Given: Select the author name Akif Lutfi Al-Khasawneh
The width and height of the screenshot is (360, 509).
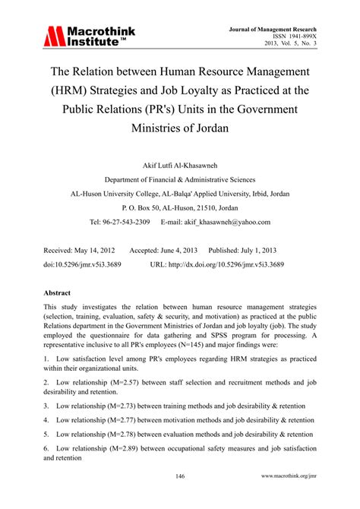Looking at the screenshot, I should click(179, 164).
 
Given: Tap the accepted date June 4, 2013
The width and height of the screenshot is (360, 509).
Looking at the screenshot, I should click(175, 250).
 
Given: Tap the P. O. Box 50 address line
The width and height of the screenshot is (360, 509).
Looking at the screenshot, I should click(179, 207).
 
